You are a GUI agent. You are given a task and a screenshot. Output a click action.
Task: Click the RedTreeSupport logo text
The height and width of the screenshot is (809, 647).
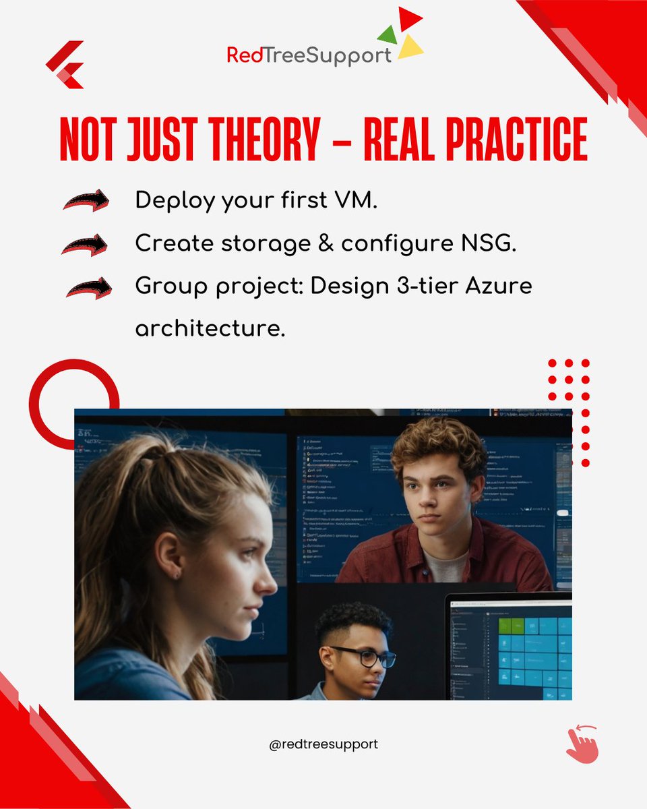[309, 55]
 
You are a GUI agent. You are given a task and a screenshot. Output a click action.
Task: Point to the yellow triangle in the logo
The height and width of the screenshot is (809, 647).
[410, 47]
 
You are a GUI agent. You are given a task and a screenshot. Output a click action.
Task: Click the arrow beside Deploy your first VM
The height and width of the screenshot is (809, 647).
[86, 200]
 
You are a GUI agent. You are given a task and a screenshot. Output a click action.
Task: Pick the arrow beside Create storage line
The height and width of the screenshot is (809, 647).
[85, 244]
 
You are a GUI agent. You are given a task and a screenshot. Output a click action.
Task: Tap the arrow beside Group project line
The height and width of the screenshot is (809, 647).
[88, 288]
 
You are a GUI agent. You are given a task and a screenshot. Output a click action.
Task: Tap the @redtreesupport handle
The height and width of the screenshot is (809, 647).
[323, 744]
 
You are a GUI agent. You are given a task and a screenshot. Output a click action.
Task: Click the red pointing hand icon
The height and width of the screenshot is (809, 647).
[582, 743]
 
